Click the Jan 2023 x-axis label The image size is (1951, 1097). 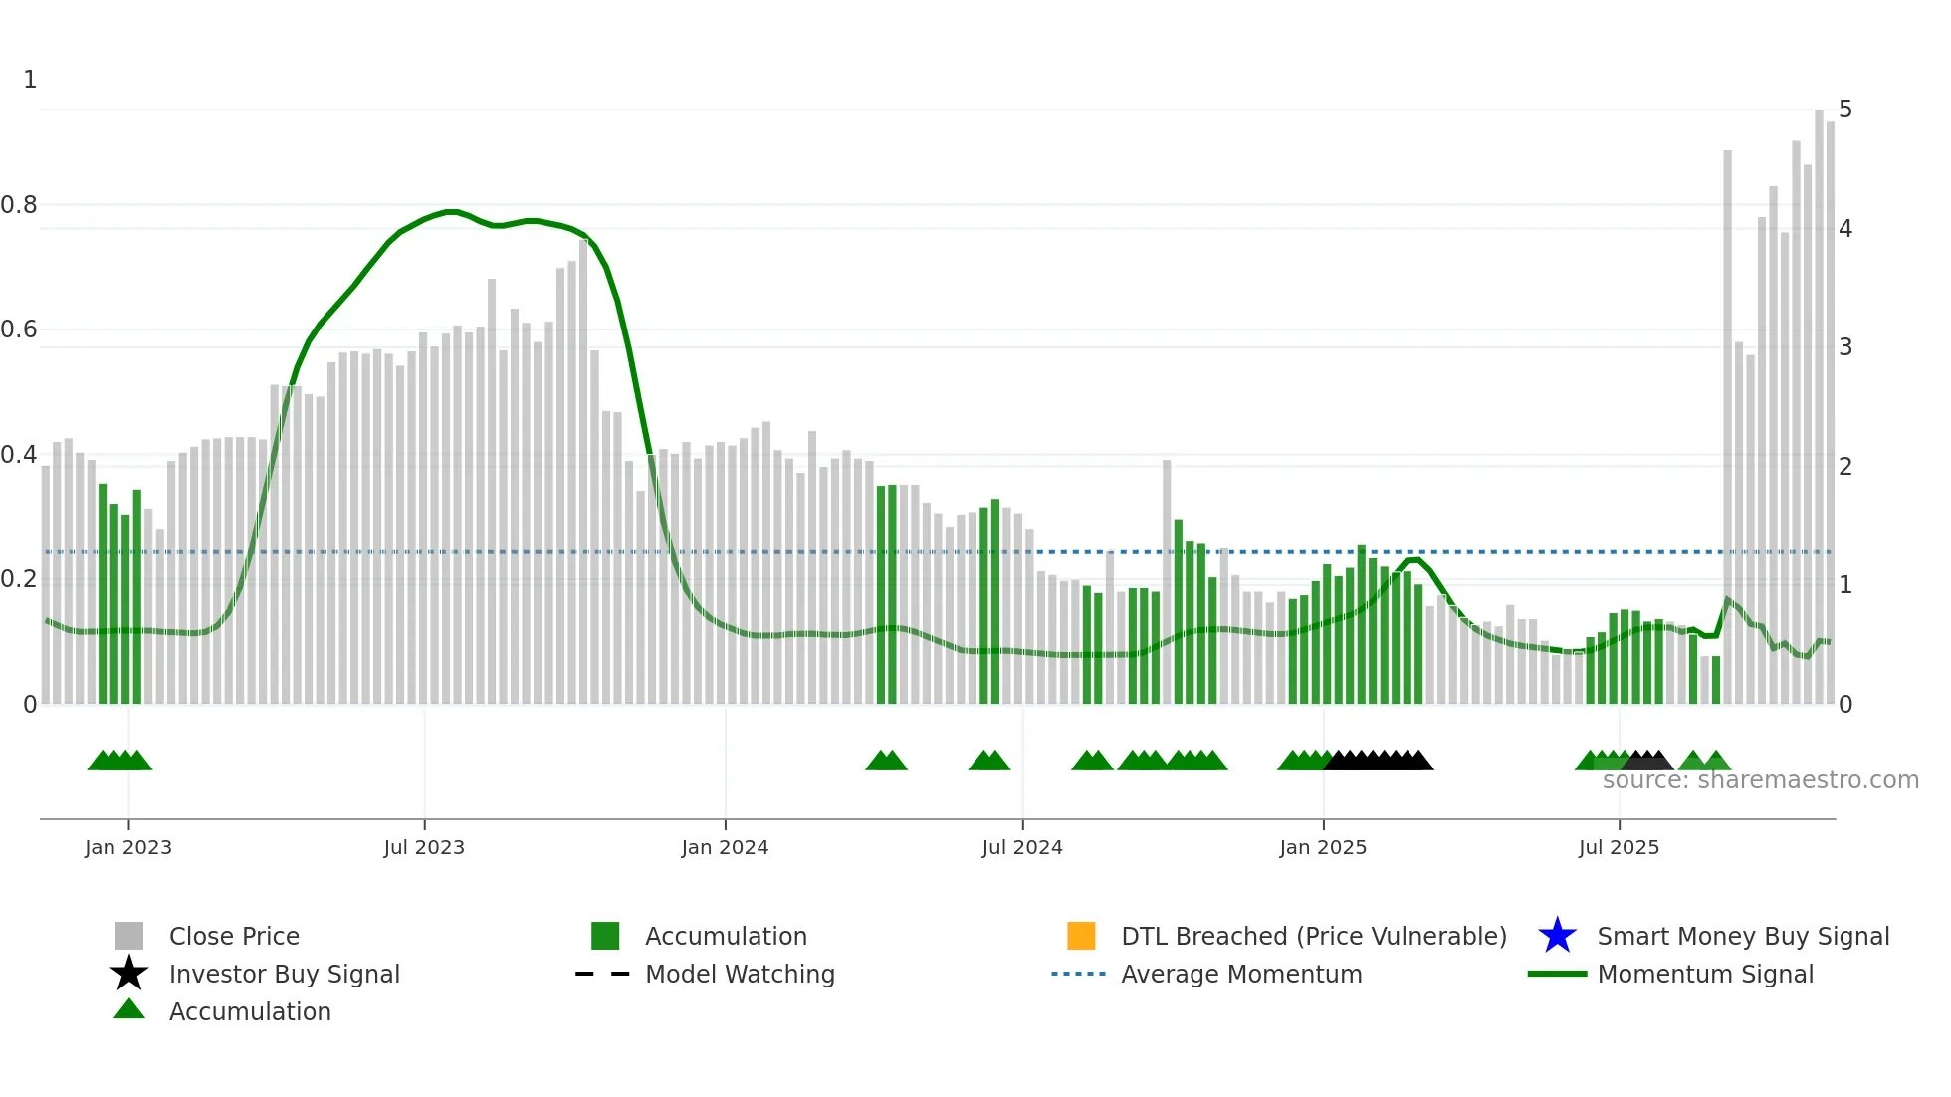128,847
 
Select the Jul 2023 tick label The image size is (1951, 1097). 424,847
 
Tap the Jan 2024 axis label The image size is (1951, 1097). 725,847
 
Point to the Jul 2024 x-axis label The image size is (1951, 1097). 1022,847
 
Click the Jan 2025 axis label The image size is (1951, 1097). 1323,847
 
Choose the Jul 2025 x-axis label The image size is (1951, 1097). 1619,847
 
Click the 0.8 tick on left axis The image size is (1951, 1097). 19,205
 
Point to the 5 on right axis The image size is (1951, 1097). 1845,110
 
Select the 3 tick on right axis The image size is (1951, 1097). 1845,347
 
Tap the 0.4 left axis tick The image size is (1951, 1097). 19,455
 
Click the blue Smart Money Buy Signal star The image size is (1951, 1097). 1557,936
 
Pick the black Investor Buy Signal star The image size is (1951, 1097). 129,974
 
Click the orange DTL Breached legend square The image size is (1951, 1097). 1081,936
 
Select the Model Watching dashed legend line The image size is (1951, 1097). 603,974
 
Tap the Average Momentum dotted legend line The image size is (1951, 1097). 1079,974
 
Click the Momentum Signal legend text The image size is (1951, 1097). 1705,974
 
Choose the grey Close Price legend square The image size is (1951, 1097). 129,936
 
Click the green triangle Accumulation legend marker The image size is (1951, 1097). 129,1009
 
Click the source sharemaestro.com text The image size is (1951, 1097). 1760,780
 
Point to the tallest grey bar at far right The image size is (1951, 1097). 1819,398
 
